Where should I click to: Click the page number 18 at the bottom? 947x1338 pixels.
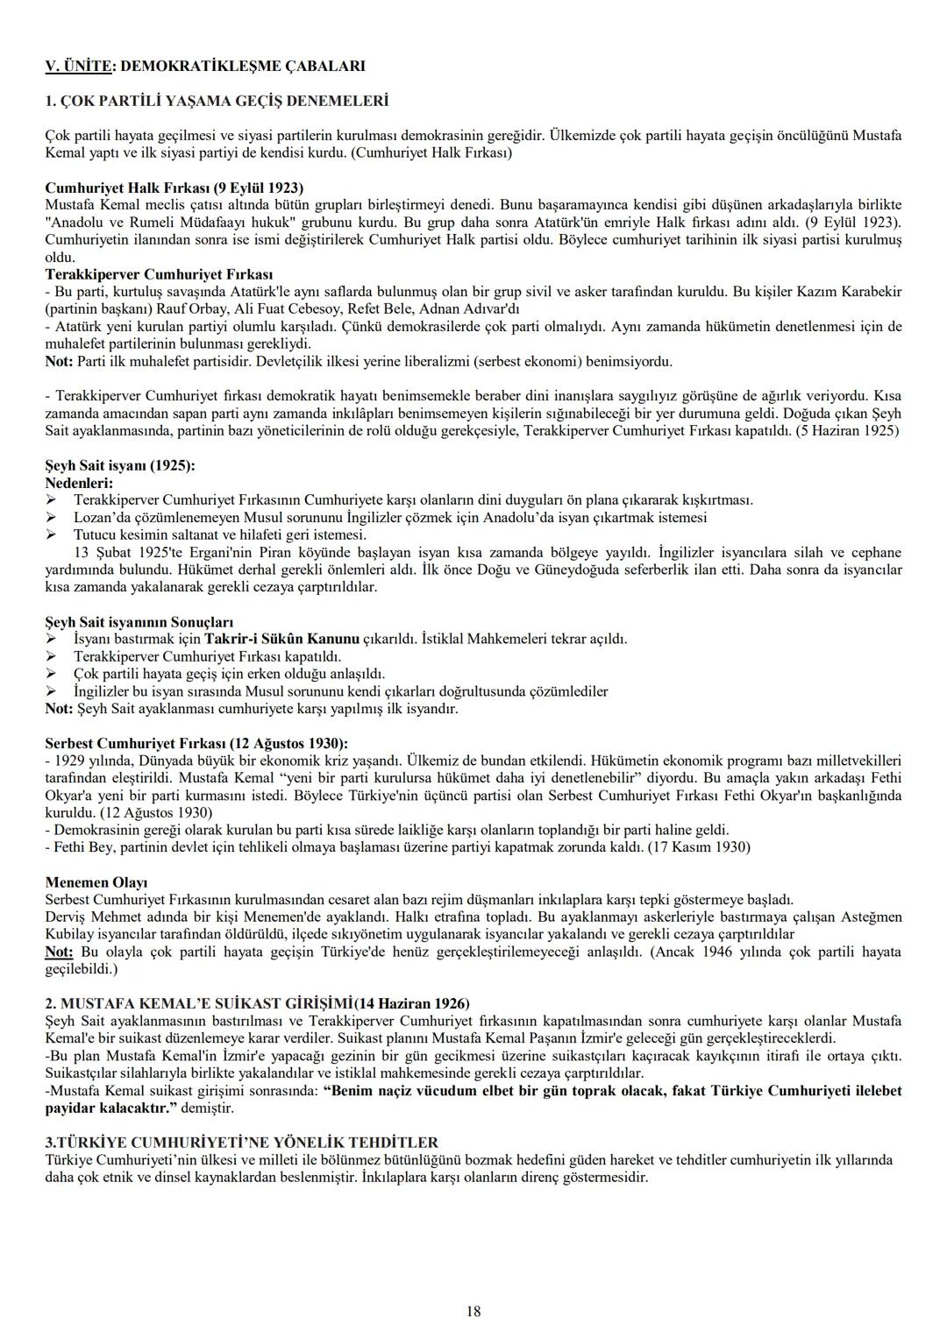point(473,1312)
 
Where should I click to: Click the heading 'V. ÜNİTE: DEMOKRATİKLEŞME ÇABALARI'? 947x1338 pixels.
point(205,66)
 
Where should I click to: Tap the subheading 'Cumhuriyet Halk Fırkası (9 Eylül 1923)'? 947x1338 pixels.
point(174,188)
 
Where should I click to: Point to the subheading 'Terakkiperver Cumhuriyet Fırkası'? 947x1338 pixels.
point(159,274)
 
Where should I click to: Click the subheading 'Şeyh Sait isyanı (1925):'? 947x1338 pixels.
point(120,465)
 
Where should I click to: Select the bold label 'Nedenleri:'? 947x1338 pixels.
point(79,483)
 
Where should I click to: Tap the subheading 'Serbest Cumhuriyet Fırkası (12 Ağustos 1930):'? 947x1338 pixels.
point(196,743)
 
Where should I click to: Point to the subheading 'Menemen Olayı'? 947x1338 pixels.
point(96,882)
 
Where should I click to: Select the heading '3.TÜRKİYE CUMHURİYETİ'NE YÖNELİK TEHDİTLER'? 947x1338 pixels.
point(241,1143)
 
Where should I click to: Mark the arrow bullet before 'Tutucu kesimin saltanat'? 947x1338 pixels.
point(51,534)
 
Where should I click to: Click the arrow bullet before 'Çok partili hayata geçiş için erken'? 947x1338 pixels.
point(51,674)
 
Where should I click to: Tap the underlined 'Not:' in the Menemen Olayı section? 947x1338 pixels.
point(60,952)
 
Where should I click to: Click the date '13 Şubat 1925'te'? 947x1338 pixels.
point(121,552)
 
